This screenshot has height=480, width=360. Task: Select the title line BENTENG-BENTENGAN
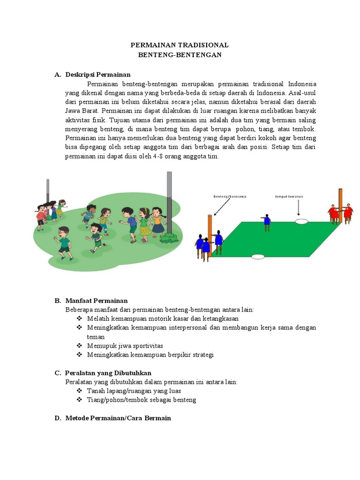pyautogui.click(x=180, y=54)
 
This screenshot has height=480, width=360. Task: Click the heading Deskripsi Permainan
pyautogui.click(x=98, y=75)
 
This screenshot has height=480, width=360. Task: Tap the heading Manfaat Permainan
pyautogui.click(x=97, y=300)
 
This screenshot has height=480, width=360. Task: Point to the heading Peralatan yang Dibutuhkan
pyautogui.click(x=108, y=373)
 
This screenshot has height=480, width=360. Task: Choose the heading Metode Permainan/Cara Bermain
pyautogui.click(x=118, y=418)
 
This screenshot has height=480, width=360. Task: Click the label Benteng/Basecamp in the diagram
pyautogui.click(x=226, y=197)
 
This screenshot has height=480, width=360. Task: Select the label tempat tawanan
pyautogui.click(x=288, y=197)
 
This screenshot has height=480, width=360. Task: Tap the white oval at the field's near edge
pyautogui.click(x=257, y=256)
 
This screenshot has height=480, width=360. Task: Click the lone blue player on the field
pyautogui.click(x=267, y=222)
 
